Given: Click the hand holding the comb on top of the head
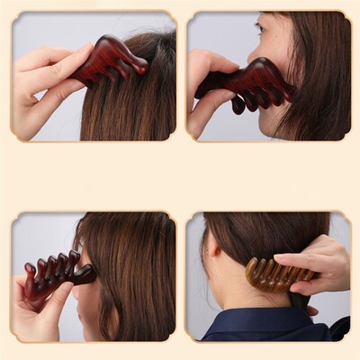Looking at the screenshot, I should [49, 85].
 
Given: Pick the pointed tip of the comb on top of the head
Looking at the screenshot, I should [144, 66].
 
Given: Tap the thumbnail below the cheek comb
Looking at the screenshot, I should [238, 105].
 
